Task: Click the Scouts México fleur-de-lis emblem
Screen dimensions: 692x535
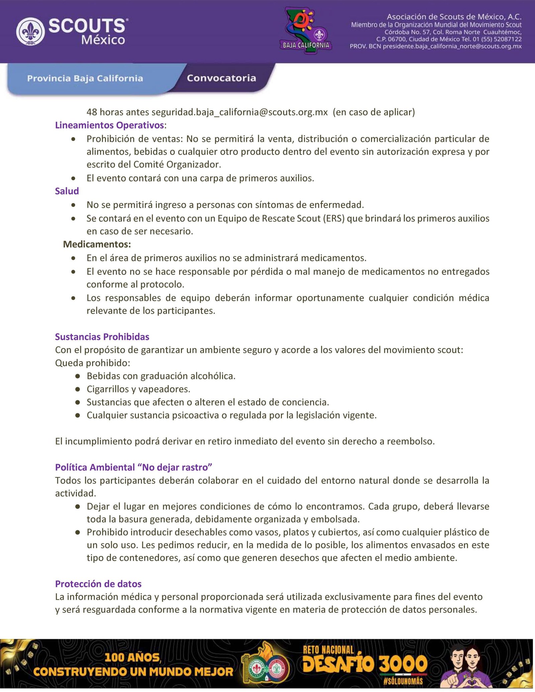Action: tap(30, 32)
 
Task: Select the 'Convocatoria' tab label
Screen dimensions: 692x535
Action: tap(221, 78)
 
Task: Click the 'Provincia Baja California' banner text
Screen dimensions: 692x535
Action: tap(85, 79)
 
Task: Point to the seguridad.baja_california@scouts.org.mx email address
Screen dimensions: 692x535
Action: tap(239, 112)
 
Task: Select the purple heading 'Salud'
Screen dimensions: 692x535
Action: tap(67, 191)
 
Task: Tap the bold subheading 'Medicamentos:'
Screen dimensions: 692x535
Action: tap(97, 244)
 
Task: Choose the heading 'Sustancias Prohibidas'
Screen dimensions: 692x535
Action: tap(102, 336)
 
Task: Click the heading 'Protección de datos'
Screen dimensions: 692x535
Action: tap(98, 583)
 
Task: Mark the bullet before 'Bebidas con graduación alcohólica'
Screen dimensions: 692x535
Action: tap(78, 376)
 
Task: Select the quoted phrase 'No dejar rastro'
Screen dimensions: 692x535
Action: tap(177, 467)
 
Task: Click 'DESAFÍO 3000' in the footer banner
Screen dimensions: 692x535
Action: tap(364, 664)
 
